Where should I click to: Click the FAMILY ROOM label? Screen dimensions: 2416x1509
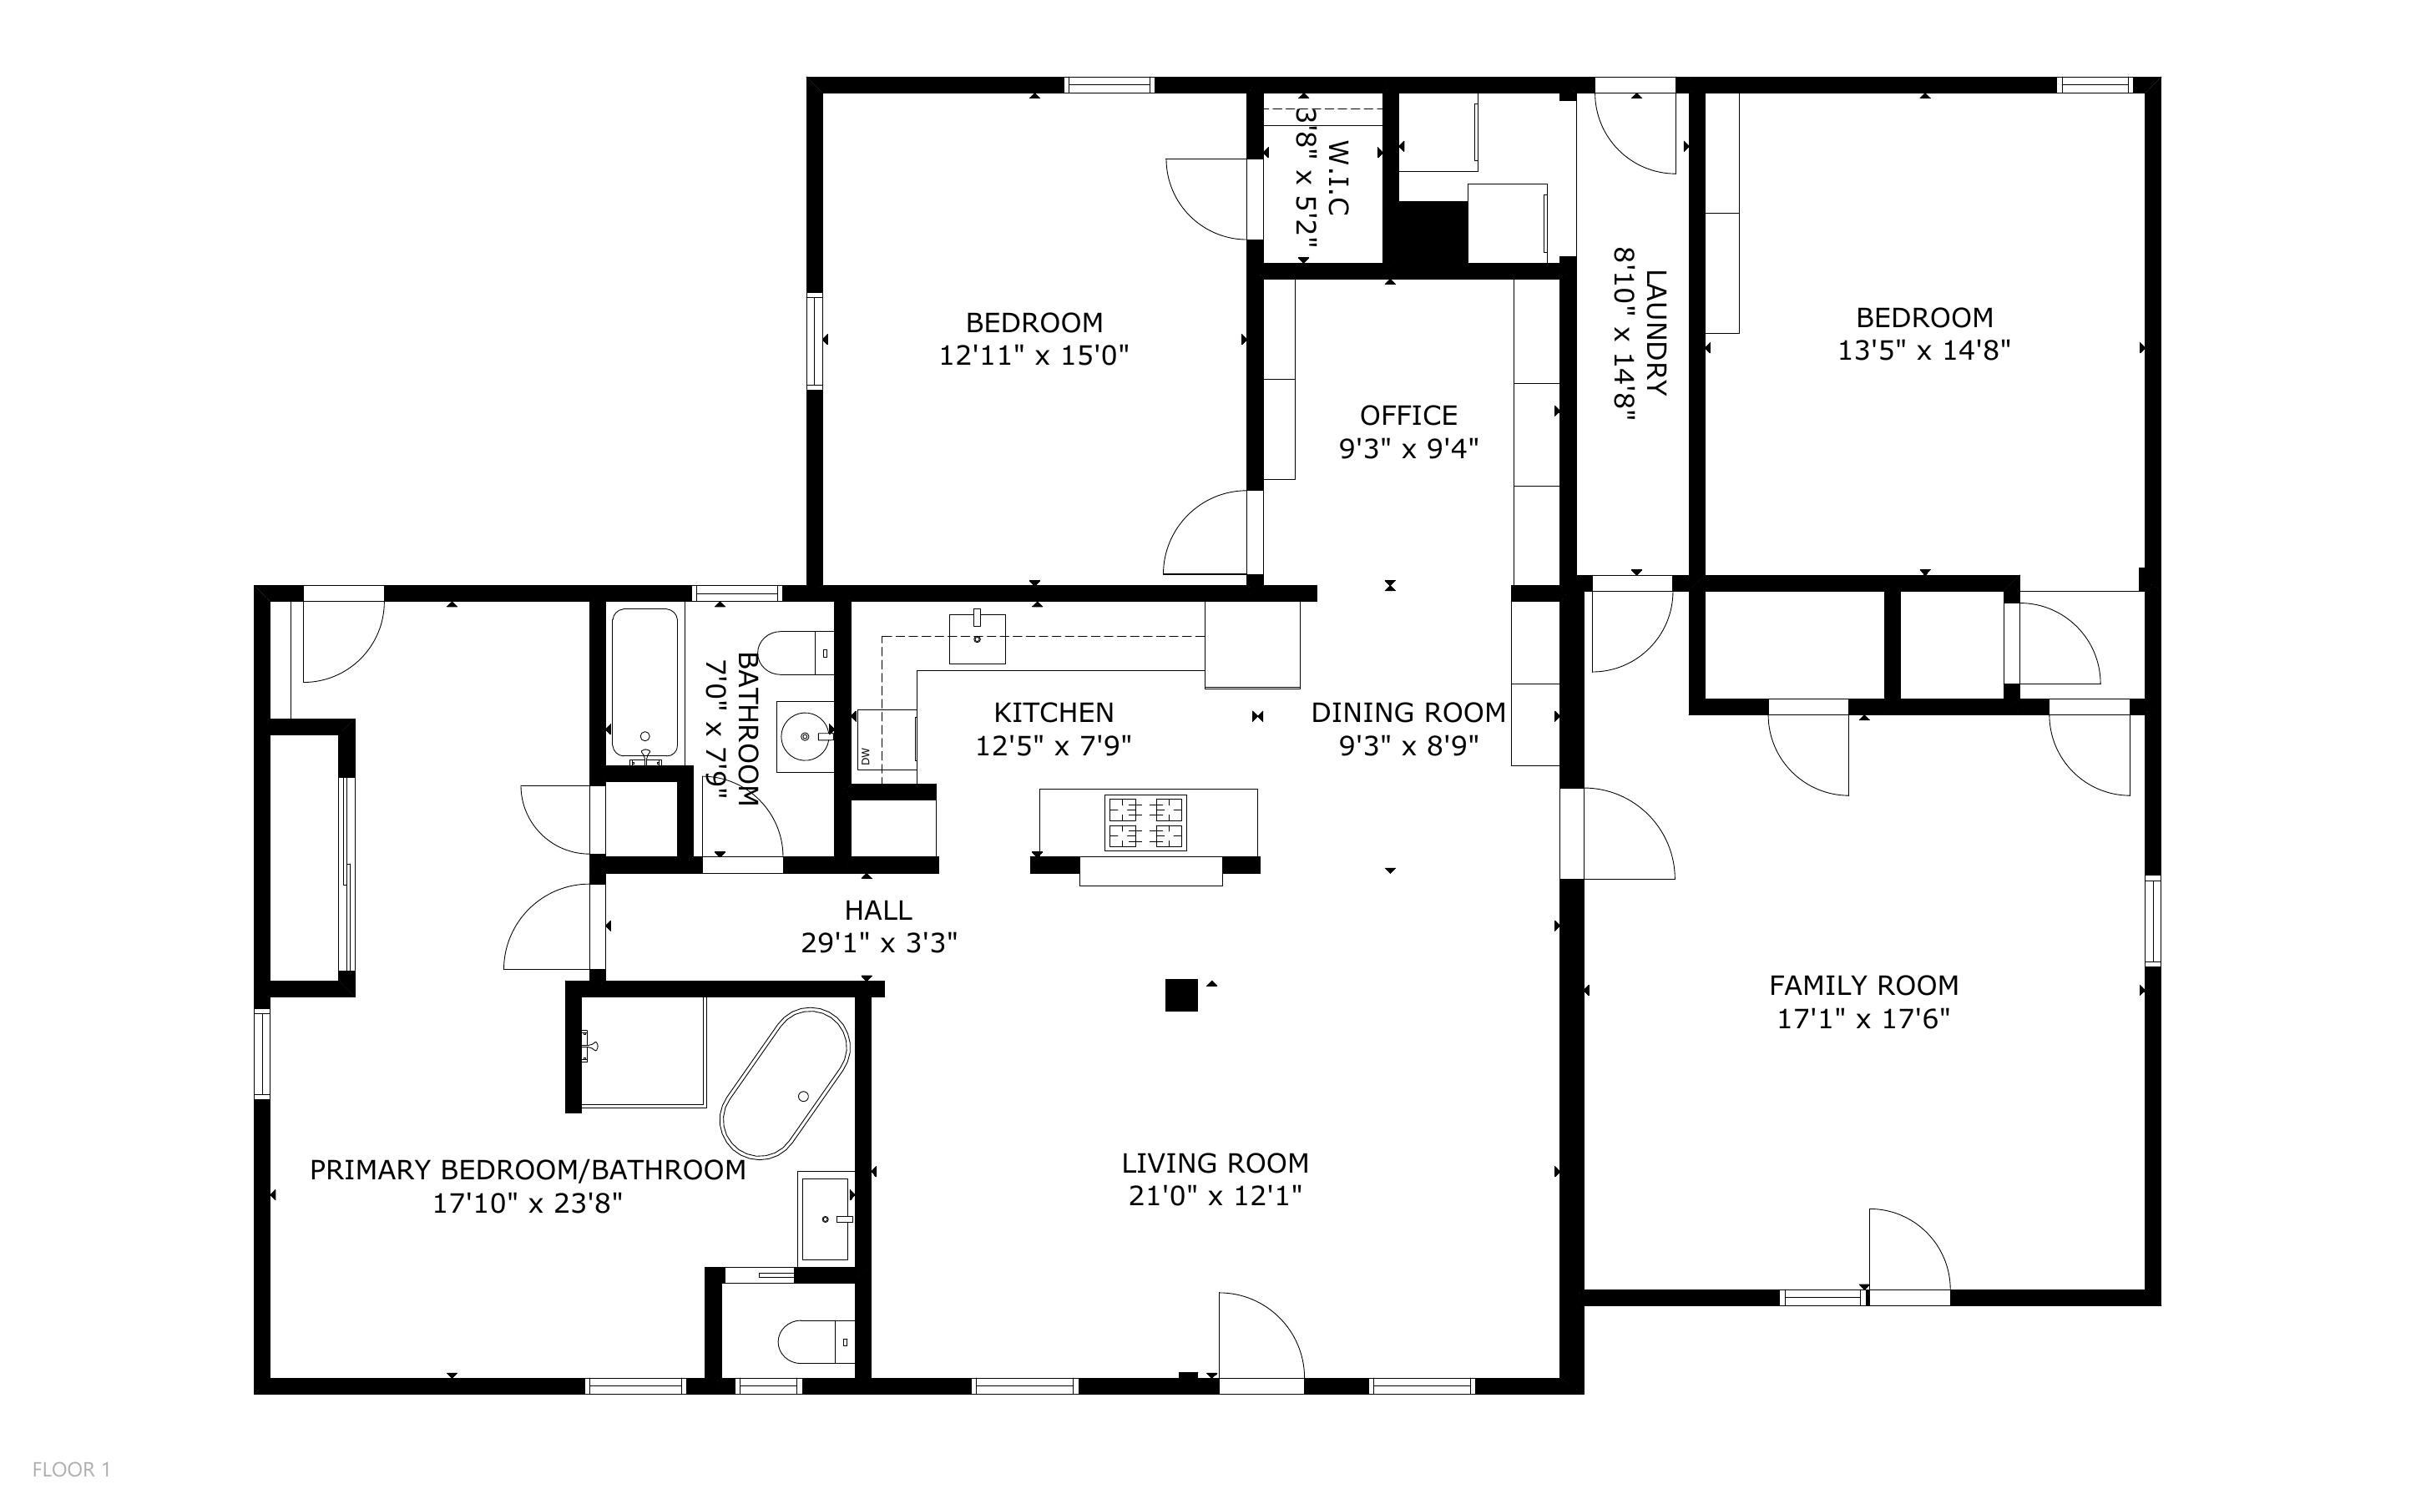tap(1863, 985)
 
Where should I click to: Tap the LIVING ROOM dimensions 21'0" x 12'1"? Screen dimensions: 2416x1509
tap(1215, 1196)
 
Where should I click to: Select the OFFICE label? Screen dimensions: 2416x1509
tap(1408, 415)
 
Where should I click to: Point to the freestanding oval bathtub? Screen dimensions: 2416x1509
tap(786, 1084)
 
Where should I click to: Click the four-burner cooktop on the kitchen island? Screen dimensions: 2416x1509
tap(1145, 822)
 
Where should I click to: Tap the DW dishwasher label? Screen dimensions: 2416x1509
tap(865, 755)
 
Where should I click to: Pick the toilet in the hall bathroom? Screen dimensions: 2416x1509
tap(796, 654)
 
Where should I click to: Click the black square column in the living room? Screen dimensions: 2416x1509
tap(1181, 995)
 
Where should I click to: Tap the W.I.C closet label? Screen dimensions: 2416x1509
tap(1338, 178)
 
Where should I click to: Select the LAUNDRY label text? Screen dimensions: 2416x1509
tap(1656, 332)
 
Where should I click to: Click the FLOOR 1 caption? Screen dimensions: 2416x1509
tap(71, 1469)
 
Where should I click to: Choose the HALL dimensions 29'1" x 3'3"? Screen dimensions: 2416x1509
tap(879, 943)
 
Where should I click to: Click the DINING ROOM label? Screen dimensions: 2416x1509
tap(1408, 713)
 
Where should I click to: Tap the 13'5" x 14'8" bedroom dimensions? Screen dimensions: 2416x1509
tap(1924, 351)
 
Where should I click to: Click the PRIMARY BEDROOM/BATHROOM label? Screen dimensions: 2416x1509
tap(528, 1169)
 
